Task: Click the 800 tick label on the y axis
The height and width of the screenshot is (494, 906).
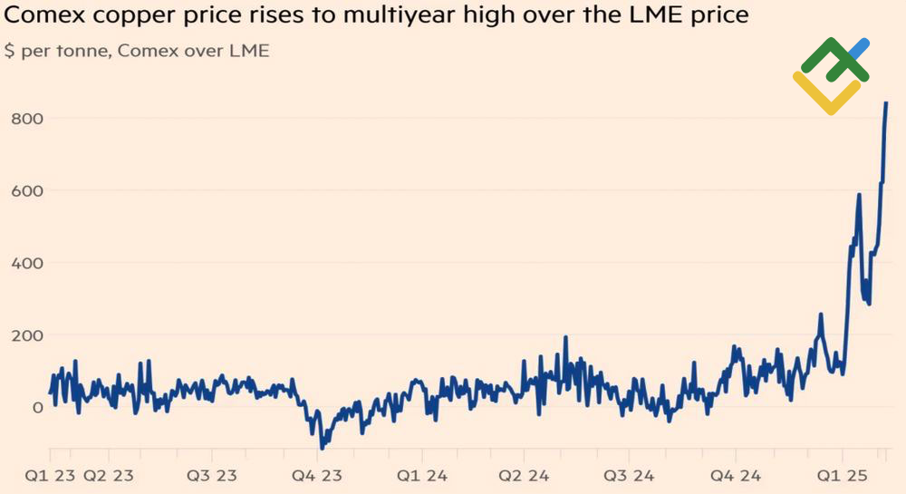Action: pos(26,118)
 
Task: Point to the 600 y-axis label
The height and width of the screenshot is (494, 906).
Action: pos(26,190)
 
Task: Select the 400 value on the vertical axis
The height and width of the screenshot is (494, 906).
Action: pos(26,263)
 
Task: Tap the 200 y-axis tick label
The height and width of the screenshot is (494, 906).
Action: pos(26,335)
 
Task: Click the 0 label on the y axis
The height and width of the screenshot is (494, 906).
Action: pos(37,408)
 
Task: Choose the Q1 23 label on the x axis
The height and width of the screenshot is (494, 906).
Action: pos(49,476)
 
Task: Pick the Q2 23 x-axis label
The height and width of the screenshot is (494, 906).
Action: pos(108,476)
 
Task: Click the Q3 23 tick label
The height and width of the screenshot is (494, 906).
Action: pos(212,476)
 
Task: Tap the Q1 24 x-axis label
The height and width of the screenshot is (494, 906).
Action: pos(421,476)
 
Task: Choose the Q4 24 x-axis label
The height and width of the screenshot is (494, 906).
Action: pos(735,476)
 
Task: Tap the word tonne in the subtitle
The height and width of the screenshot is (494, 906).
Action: pos(80,51)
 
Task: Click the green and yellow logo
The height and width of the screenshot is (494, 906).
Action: pos(831,75)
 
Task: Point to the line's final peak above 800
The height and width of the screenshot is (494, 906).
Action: pos(886,103)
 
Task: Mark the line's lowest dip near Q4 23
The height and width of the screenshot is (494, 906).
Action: pos(322,447)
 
